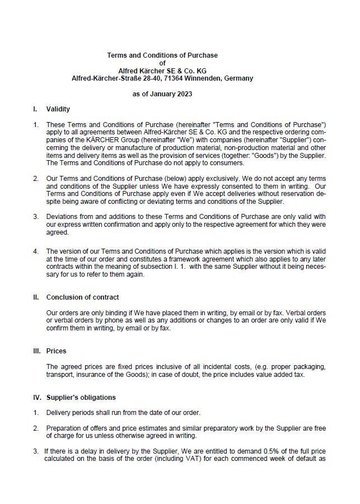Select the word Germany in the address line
(238, 78)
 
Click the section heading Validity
(58, 109)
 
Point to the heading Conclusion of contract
(82, 297)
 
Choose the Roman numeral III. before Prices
(37, 351)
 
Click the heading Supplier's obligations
(81, 398)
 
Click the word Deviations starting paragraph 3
(63, 217)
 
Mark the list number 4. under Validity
(36, 251)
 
